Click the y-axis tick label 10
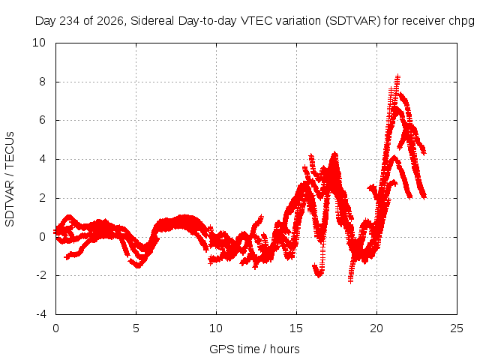[39, 43]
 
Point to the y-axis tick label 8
[42, 82]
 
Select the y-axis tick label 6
[42, 120]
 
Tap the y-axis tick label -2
[40, 275]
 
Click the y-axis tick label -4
[40, 314]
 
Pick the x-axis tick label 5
[136, 328]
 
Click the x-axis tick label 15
[296, 328]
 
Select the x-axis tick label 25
[457, 328]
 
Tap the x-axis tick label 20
[376, 328]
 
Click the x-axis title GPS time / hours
[254, 349]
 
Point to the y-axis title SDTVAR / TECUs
[10, 179]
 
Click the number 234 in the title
[70, 21]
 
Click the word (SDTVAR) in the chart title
[353, 21]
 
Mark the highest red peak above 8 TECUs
[397, 75]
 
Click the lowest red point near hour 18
[351, 280]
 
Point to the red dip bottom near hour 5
[138, 266]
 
